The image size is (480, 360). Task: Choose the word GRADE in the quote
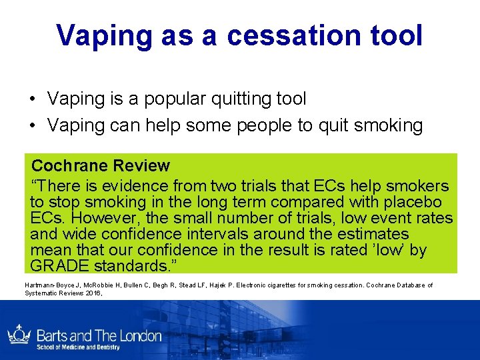point(56,266)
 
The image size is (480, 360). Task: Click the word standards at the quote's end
point(134,266)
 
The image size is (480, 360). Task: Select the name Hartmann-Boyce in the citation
point(51,285)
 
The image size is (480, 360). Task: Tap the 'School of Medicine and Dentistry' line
point(77,347)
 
